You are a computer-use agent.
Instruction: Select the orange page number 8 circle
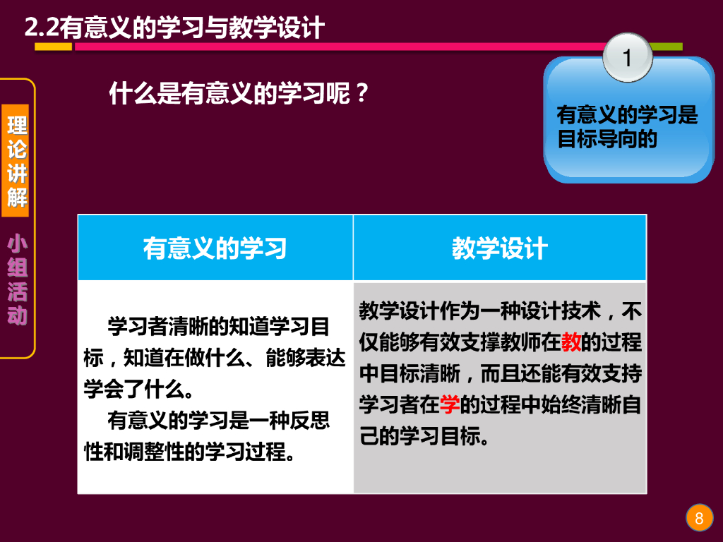coord(699,519)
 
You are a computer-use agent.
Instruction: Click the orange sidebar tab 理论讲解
coord(18,162)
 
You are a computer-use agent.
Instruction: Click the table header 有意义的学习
coord(215,248)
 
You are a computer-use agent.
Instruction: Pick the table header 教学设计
coord(500,248)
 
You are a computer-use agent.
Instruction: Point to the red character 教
coord(571,342)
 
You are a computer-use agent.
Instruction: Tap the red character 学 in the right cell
coord(450,404)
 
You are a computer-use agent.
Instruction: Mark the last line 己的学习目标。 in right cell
coord(424,436)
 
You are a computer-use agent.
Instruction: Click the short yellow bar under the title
coord(54,47)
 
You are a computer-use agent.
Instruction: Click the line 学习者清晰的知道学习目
coord(218,327)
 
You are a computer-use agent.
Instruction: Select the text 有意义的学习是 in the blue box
coord(627,114)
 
